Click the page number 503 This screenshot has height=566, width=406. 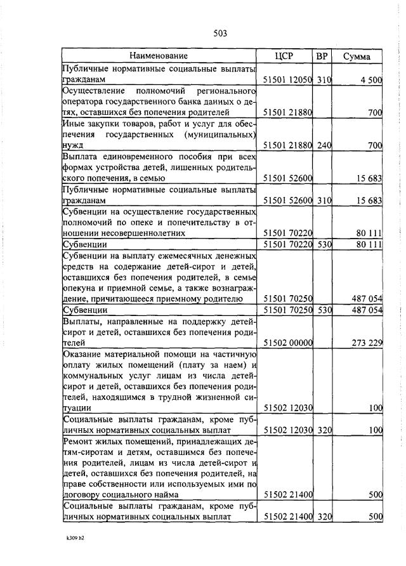click(x=220, y=33)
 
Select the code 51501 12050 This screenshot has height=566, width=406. click(x=287, y=80)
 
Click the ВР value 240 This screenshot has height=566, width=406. click(x=324, y=145)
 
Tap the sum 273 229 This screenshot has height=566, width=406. click(x=367, y=343)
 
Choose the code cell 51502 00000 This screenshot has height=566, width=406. click(x=287, y=343)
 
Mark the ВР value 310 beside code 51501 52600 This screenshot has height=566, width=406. click(x=324, y=201)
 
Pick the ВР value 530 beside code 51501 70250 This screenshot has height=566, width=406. click(x=324, y=310)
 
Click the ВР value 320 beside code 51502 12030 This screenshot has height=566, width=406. click(x=324, y=430)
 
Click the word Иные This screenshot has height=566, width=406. click(x=73, y=124)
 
